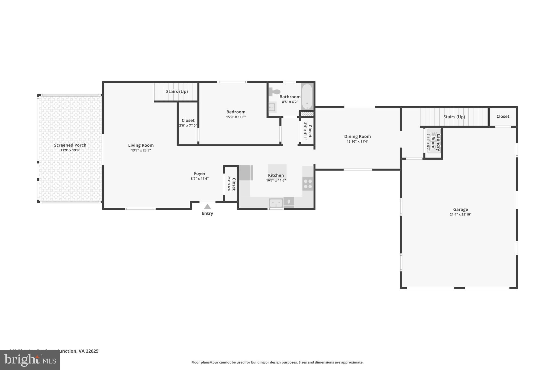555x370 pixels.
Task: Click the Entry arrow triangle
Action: tap(207, 207)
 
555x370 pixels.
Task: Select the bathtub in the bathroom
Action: tap(307, 96)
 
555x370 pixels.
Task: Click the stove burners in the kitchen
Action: tap(308, 184)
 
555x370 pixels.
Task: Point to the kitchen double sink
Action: tap(276, 202)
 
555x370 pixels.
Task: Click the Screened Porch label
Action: tap(70, 145)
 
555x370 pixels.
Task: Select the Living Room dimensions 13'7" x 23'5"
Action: tap(141, 150)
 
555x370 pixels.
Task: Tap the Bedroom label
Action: tap(236, 112)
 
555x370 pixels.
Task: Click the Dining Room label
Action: tap(357, 136)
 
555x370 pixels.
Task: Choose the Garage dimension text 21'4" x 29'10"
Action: tap(460, 214)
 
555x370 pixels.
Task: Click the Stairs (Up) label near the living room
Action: tap(177, 91)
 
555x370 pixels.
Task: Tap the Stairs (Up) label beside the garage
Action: tap(454, 117)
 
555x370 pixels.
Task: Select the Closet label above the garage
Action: tap(503, 116)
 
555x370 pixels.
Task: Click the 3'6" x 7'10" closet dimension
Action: tap(188, 126)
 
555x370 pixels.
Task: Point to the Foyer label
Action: tap(200, 173)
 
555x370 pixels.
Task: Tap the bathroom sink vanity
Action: tap(272, 107)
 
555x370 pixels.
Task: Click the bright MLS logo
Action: tap(30, 360)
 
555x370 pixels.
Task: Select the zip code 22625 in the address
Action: tap(92, 351)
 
